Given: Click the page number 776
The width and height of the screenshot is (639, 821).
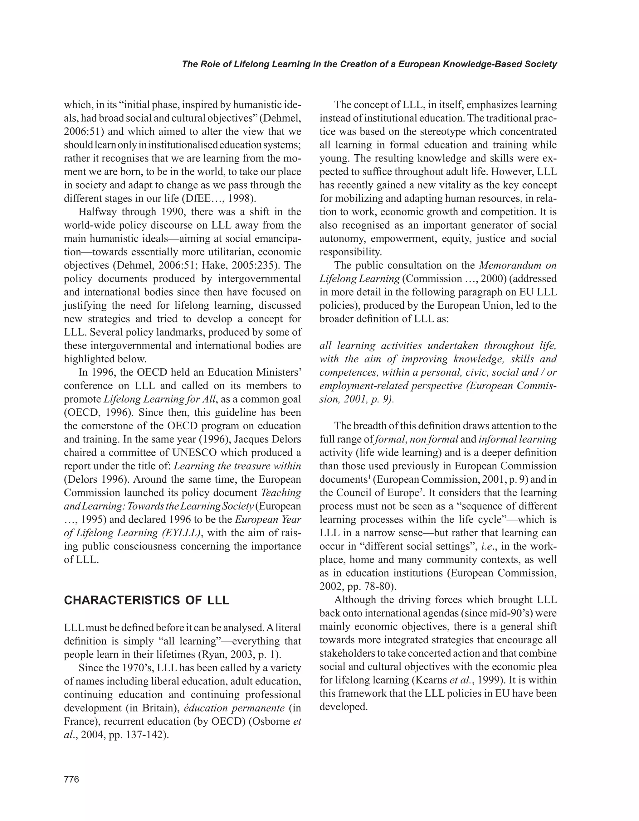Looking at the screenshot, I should point(71,779).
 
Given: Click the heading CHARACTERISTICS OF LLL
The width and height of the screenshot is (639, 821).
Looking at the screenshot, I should point(147,600).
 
